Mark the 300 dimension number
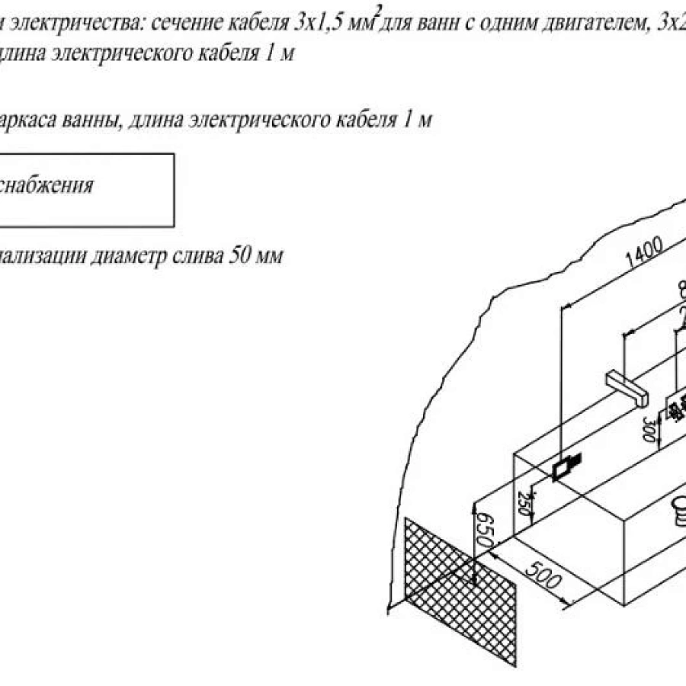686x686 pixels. (x=649, y=430)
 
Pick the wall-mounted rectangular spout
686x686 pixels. (x=626, y=386)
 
